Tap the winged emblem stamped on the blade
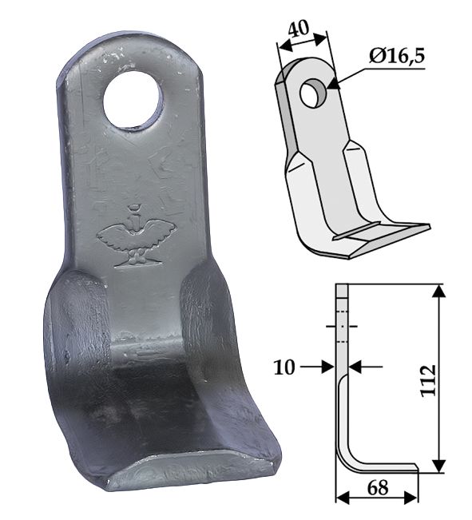[x=136, y=236]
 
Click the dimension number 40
[x=298, y=28]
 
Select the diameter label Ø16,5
[x=397, y=57]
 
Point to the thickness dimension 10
[x=284, y=367]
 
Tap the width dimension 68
[x=378, y=488]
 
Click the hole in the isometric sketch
[x=313, y=93]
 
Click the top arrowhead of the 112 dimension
[x=439, y=292]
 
